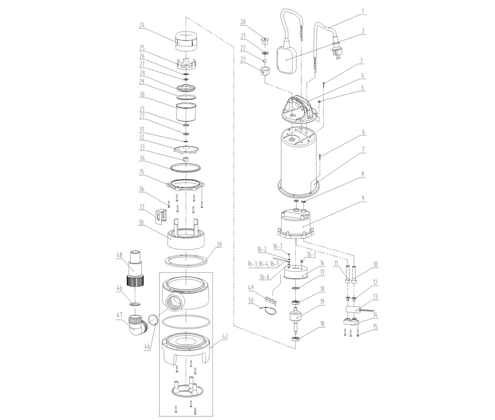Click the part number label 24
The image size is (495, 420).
tap(142, 25)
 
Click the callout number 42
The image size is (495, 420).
tap(225, 337)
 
